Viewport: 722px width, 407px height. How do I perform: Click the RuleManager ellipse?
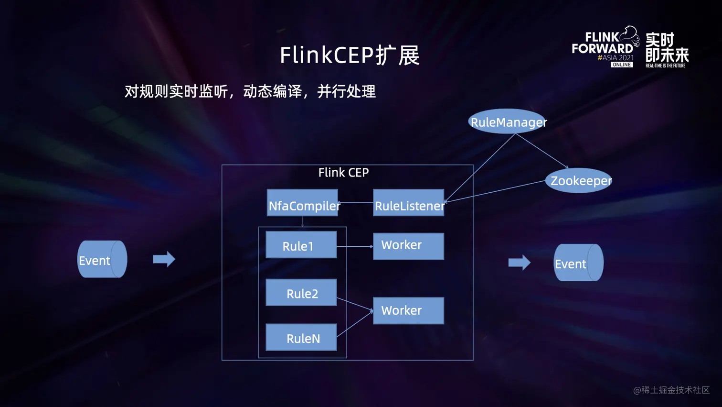tap(508, 121)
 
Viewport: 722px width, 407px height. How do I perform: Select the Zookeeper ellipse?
tap(579, 180)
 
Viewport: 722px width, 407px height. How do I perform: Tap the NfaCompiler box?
tap(302, 203)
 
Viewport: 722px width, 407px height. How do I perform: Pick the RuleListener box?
tap(408, 203)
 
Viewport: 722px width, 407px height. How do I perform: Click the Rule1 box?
tap(301, 245)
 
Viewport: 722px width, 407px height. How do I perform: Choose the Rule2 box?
tap(301, 292)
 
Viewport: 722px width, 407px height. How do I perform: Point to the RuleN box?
tap(301, 337)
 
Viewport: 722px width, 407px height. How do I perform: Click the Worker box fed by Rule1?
tap(408, 246)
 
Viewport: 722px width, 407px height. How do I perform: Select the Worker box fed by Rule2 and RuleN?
tap(408, 310)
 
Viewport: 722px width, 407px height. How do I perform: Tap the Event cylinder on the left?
tap(102, 259)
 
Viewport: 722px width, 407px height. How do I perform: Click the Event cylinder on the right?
tap(578, 263)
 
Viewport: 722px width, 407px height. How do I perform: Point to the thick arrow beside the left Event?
tap(164, 259)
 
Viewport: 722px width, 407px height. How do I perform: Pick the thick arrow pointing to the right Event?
tap(519, 262)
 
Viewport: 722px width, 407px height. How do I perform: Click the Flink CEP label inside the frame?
tap(343, 173)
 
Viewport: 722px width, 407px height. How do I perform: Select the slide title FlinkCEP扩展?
tap(350, 55)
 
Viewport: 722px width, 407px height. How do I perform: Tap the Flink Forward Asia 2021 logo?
tap(605, 46)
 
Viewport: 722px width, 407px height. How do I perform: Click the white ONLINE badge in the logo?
tap(622, 65)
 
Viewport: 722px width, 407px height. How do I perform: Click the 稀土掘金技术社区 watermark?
tap(671, 390)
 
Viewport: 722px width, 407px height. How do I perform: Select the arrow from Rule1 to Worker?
tap(355, 246)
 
